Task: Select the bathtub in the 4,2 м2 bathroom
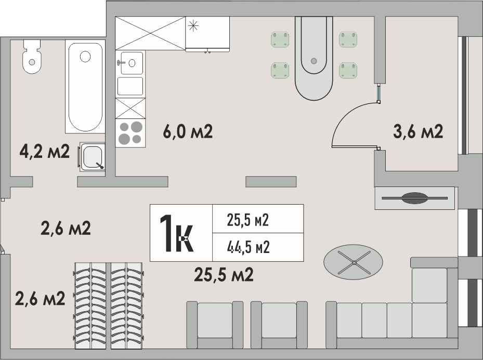(x=85, y=86)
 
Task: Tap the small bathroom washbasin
(x=92, y=157)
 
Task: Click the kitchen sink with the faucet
(x=130, y=63)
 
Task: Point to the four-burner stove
(x=130, y=133)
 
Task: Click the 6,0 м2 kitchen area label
(x=188, y=132)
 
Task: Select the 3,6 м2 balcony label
(x=418, y=131)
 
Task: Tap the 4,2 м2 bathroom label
(x=45, y=151)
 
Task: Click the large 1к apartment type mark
(x=177, y=233)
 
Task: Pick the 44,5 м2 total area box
(x=258, y=247)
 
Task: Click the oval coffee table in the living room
(x=354, y=262)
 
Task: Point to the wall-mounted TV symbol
(x=414, y=198)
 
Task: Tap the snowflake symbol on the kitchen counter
(x=193, y=25)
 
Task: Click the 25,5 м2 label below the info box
(x=224, y=274)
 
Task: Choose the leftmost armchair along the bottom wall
(x=215, y=325)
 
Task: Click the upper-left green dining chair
(x=280, y=39)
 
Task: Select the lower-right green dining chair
(x=348, y=70)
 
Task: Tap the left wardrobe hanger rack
(x=90, y=306)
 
